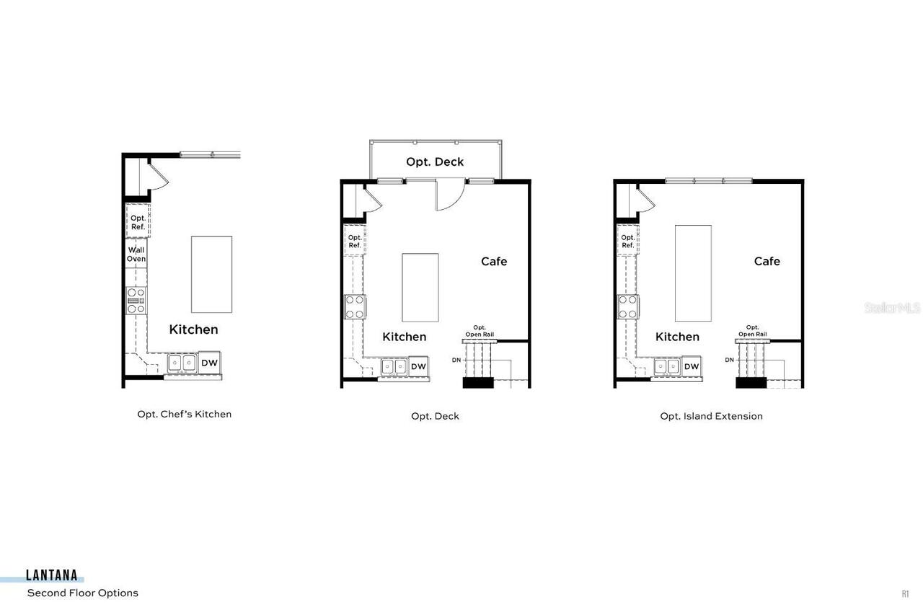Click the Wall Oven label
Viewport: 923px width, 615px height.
coord(136,255)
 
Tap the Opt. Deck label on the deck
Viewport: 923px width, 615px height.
coord(435,162)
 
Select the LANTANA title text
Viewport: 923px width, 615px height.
coord(52,575)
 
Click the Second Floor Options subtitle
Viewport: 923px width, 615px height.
coord(82,593)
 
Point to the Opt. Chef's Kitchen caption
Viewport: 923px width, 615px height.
coord(185,414)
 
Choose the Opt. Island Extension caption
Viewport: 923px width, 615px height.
coord(711,416)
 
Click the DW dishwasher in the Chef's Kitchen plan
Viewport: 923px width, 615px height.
coord(209,363)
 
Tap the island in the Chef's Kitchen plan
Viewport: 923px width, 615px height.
coord(211,274)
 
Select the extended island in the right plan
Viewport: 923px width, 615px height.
coord(693,273)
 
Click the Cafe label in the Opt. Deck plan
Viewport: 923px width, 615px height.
coord(494,261)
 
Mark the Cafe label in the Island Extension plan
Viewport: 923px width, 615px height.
coord(767,261)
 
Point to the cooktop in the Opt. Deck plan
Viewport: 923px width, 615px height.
coord(355,306)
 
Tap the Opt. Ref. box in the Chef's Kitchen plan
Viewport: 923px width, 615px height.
coord(138,221)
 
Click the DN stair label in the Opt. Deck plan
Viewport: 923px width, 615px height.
coord(456,359)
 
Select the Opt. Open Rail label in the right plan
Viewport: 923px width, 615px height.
coord(752,331)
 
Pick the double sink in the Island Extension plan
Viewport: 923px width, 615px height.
coord(667,366)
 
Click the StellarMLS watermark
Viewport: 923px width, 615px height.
coord(892,308)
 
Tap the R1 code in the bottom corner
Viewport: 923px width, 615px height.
coord(905,594)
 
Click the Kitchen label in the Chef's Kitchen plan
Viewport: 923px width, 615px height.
coord(193,329)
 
